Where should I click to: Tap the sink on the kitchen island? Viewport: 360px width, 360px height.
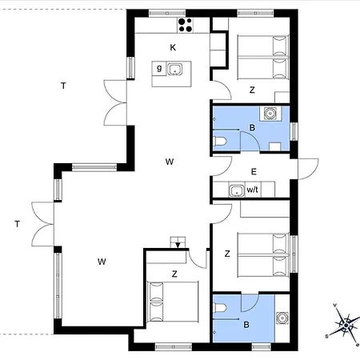pos(173,68)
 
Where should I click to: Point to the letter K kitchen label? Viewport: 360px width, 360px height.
pos(172,48)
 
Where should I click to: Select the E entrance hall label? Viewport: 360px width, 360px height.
pos(254,171)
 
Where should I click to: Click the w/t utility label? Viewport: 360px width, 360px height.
pos(253,190)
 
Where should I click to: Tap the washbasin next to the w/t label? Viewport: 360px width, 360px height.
pos(236,190)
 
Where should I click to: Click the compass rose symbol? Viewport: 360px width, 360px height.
pos(347,325)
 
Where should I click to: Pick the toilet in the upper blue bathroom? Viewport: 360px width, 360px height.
pos(222,142)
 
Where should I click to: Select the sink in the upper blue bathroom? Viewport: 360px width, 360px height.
pos(272,114)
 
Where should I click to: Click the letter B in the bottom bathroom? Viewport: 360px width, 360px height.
pos(246,324)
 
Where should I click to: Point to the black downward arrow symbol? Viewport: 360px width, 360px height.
pos(176,243)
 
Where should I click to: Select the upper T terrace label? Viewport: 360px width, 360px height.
pos(62,85)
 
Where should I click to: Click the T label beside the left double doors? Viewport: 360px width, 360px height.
pos(16,223)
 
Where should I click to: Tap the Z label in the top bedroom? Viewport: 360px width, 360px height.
pos(251,90)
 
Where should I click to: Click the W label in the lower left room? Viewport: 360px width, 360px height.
pos(102,262)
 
